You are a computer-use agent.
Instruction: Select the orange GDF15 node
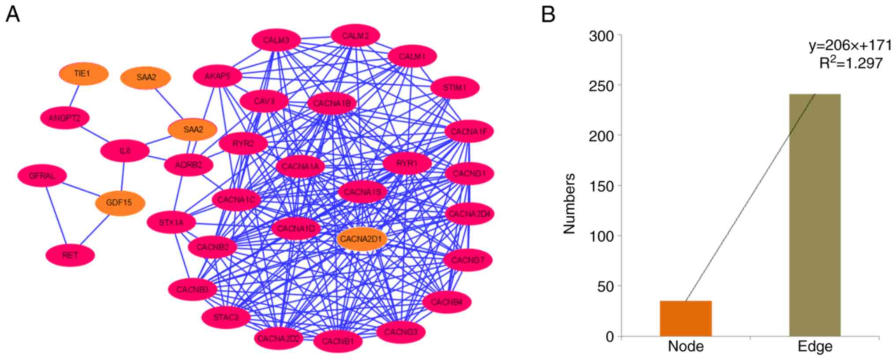(120, 203)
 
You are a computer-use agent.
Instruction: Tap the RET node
(70, 255)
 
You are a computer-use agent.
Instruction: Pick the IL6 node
(125, 151)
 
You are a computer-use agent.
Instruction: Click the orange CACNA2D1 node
(362, 239)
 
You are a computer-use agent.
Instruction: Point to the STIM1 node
(455, 88)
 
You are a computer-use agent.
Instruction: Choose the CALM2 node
(355, 36)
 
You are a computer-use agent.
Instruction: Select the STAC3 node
(226, 317)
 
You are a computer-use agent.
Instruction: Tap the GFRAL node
(42, 176)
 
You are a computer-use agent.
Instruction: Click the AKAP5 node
(217, 76)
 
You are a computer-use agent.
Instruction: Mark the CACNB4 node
(447, 302)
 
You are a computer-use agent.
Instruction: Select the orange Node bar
(685, 318)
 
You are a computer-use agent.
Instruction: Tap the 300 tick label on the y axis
(601, 36)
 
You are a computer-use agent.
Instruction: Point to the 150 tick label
(601, 186)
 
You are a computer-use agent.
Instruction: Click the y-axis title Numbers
(569, 203)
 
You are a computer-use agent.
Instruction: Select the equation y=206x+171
(850, 45)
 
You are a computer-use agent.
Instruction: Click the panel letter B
(548, 14)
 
